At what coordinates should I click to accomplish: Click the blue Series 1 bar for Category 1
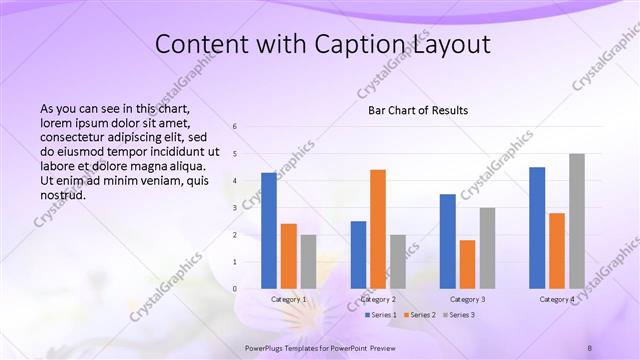[x=269, y=230]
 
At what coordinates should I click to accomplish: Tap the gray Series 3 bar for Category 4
[x=577, y=221]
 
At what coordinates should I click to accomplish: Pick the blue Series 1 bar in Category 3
[x=447, y=241]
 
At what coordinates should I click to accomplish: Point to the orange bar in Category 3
[x=467, y=264]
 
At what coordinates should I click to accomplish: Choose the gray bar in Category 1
[x=309, y=261]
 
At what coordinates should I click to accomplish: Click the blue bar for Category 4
[x=537, y=227]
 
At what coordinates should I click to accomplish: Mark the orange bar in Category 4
[x=557, y=250]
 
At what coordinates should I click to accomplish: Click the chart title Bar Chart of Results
[x=412, y=110]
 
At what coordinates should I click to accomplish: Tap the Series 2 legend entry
[x=420, y=315]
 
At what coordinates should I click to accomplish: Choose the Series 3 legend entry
[x=459, y=315]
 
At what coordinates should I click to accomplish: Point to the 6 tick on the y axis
[x=234, y=127]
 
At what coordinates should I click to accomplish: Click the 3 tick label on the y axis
[x=234, y=208]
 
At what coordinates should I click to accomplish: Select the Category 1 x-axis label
[x=289, y=299]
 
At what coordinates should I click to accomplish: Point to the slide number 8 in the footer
[x=590, y=347]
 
